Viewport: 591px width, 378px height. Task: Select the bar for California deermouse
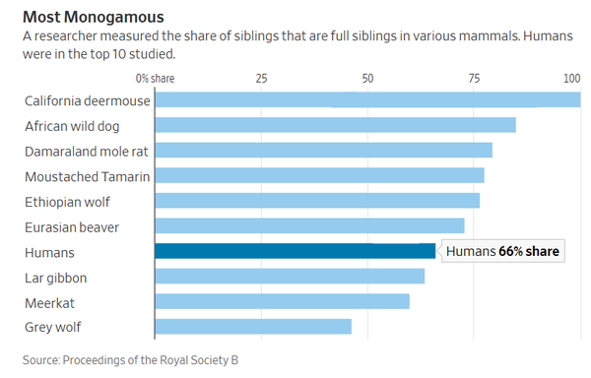367,99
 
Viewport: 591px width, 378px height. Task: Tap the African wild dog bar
335,125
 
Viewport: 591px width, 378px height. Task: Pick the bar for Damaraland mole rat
323,151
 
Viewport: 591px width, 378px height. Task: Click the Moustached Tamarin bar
319,175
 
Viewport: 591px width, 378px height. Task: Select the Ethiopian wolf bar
317,201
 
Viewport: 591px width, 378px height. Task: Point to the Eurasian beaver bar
309,226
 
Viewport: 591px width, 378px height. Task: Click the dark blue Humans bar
295,251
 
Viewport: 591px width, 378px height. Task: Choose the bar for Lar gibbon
290,277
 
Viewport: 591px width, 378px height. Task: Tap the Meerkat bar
282,301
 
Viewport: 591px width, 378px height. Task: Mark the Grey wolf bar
253,327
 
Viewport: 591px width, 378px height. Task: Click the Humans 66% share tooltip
502,252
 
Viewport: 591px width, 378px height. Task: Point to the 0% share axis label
155,77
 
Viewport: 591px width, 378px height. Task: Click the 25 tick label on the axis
261,77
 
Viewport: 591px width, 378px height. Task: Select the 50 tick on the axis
367,77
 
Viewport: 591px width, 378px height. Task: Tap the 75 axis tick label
474,77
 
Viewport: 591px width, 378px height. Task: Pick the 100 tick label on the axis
571,77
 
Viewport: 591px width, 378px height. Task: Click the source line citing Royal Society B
130,360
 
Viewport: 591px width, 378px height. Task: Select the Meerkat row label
49,302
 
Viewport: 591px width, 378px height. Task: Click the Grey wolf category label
53,327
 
